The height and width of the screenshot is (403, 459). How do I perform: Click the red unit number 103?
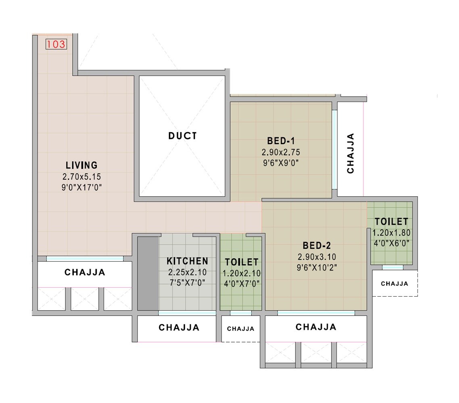[x=56, y=44]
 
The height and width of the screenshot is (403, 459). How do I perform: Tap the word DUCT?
[x=183, y=136]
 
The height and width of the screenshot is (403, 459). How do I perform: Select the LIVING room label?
[x=81, y=165]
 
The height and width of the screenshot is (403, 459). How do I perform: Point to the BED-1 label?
[x=281, y=141]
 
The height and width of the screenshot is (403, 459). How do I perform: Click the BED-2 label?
[x=317, y=245]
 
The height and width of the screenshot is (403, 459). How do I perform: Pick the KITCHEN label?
[x=188, y=261]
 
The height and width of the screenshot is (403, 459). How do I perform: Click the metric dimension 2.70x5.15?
[x=81, y=177]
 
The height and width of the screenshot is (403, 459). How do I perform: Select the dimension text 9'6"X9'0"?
[x=281, y=163]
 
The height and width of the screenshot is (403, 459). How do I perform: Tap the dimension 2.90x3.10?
[x=317, y=257]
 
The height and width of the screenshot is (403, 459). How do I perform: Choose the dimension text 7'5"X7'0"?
[x=187, y=283]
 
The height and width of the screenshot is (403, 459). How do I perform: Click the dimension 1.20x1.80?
[x=391, y=233]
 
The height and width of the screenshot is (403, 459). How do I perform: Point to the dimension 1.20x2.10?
[x=242, y=273]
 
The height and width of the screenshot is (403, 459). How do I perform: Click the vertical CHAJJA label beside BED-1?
[x=351, y=153]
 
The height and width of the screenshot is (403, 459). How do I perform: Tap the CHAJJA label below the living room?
[x=85, y=272]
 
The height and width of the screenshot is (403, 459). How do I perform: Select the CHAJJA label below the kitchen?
[x=179, y=328]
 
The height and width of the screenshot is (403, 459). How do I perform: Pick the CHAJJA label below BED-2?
[x=316, y=327]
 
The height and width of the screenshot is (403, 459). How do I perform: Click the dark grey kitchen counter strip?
[x=148, y=273]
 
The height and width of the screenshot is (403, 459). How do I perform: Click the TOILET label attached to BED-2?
[x=391, y=222]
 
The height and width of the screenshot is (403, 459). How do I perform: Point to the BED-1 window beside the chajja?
[x=334, y=149]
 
